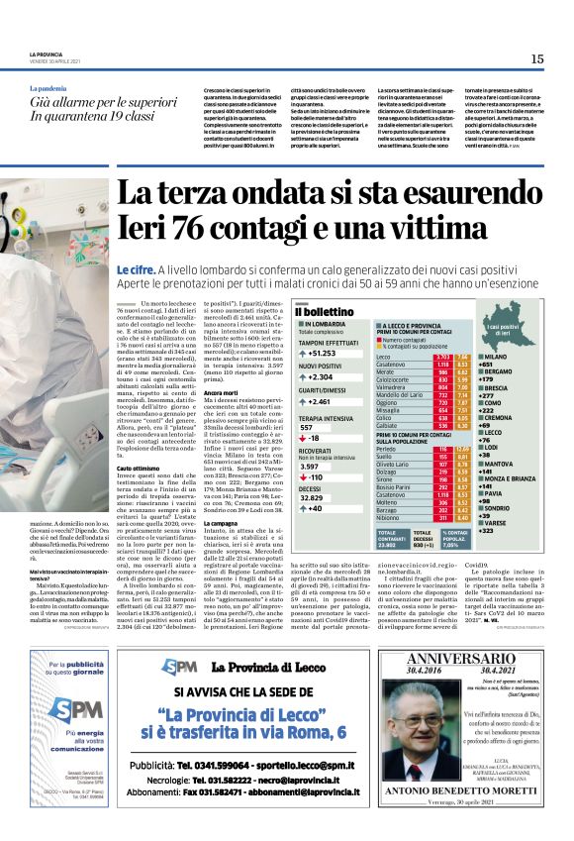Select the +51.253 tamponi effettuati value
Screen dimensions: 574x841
pos(323,354)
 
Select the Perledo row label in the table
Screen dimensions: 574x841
pos(388,448)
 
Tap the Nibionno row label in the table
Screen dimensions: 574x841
pos(391,516)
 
